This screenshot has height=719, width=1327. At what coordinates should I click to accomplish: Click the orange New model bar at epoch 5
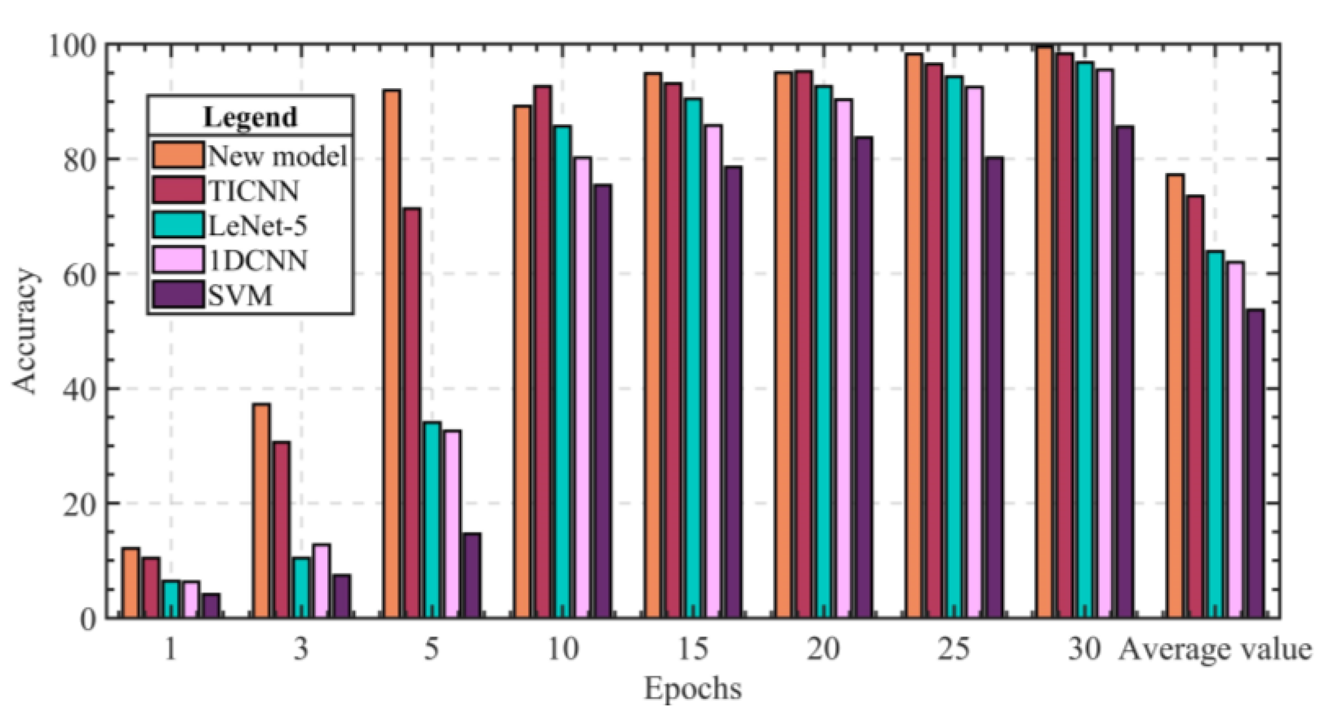(x=392, y=354)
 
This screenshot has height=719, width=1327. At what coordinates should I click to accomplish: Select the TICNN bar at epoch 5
(x=412, y=413)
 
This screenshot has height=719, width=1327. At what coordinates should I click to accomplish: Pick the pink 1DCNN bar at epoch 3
(x=321, y=581)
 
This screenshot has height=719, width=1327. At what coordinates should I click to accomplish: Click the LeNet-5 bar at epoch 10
(x=562, y=372)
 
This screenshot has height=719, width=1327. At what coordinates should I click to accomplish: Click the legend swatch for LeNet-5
(x=178, y=225)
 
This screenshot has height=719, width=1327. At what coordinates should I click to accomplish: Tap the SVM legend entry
(x=240, y=295)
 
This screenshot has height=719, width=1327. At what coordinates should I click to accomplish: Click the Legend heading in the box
(x=250, y=116)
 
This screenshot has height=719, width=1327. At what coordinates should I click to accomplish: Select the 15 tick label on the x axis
(x=693, y=649)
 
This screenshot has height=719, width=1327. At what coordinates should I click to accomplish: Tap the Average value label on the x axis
(x=1214, y=650)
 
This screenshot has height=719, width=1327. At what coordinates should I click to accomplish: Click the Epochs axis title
(x=693, y=688)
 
